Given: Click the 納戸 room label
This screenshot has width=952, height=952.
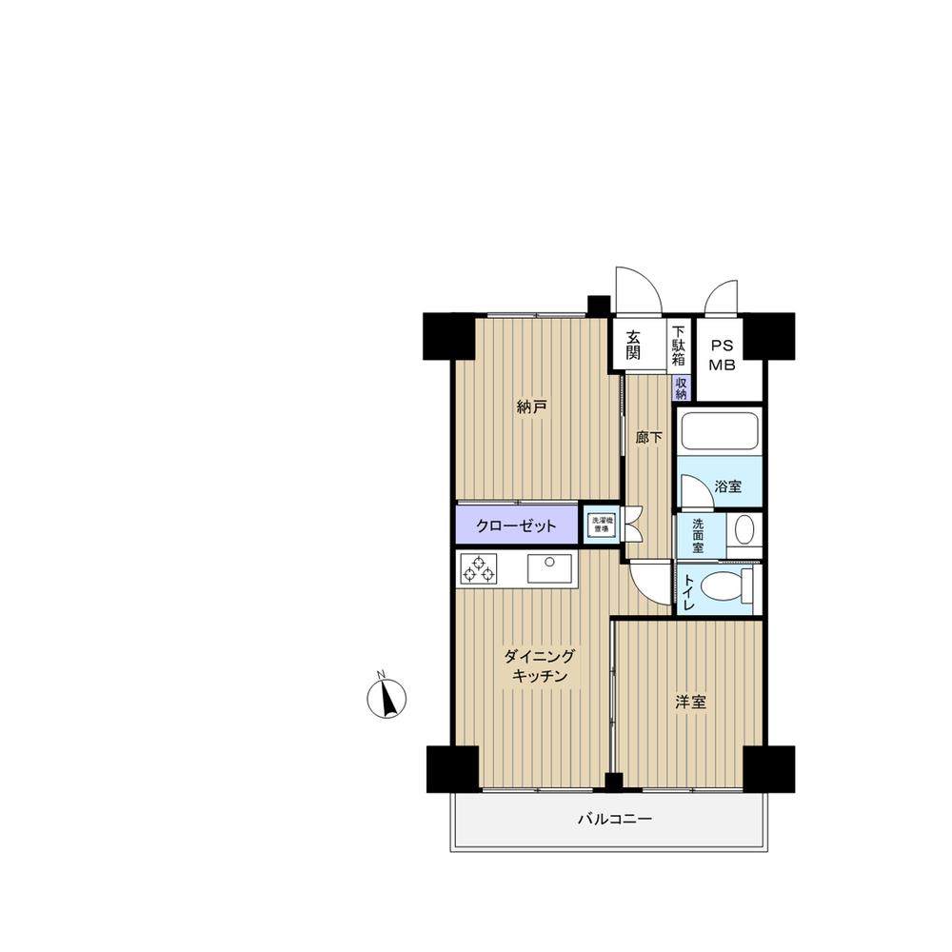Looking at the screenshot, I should click(x=532, y=407).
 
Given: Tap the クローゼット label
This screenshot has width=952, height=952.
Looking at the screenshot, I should click(x=517, y=525).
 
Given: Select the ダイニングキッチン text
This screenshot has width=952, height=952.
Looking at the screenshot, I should click(x=540, y=665).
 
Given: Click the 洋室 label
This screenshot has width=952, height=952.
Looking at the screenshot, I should click(x=690, y=703).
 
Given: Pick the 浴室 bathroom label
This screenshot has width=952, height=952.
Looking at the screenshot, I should click(x=728, y=486).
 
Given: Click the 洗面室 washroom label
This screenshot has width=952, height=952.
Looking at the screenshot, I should click(x=698, y=536).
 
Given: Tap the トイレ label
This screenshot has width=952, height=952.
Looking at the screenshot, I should click(x=688, y=592).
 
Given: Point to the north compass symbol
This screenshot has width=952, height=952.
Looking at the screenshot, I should click(x=387, y=697).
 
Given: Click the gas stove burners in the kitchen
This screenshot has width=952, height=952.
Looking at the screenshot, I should click(x=478, y=568).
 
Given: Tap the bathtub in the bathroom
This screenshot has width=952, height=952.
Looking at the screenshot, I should click(x=720, y=431).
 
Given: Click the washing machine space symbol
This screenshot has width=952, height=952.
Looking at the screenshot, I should click(x=600, y=524).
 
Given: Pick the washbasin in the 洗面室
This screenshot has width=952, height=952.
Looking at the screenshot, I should click(x=744, y=529).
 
